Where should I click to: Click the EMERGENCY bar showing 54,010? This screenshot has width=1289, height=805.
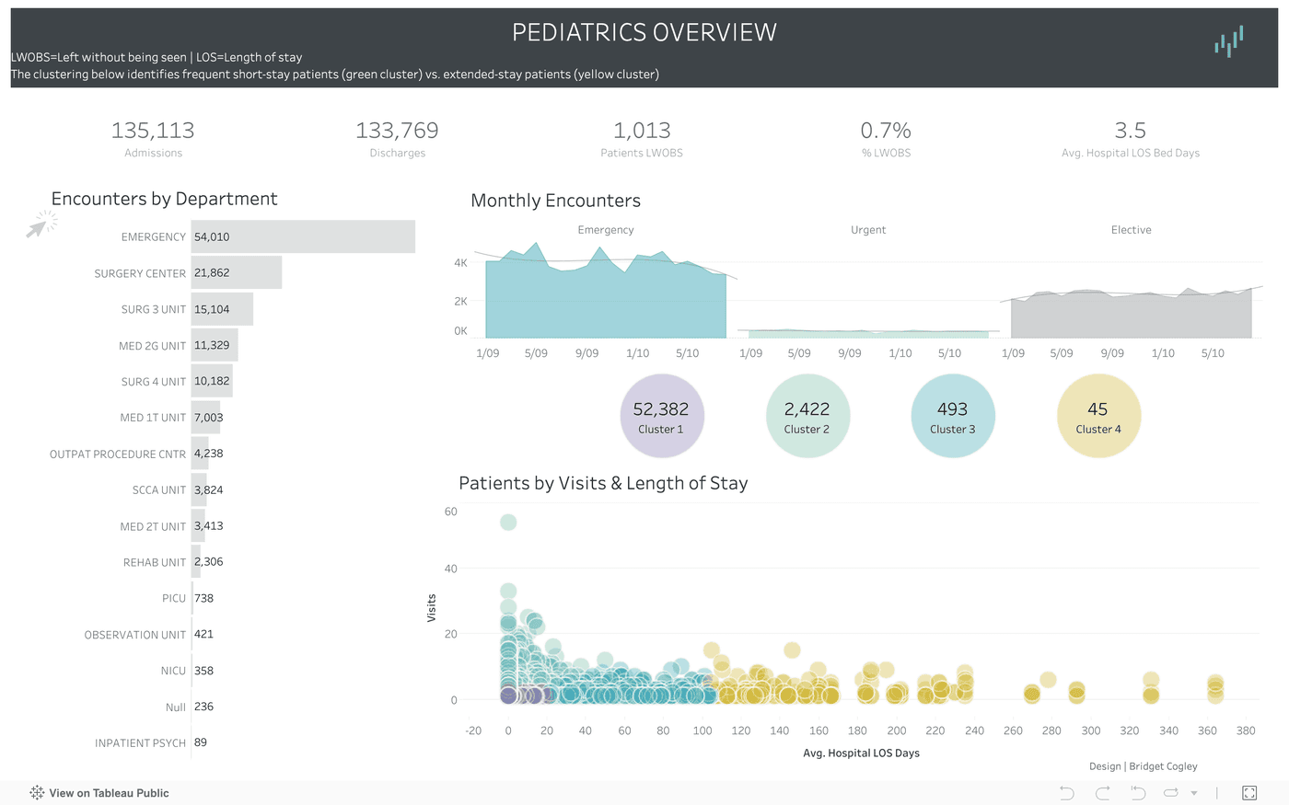pyautogui.click(x=303, y=236)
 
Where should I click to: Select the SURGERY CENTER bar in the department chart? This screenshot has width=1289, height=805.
pyautogui.click(x=237, y=273)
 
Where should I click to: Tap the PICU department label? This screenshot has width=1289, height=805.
pyautogui.click(x=174, y=598)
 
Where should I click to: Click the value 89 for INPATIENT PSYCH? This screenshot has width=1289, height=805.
pyautogui.click(x=201, y=742)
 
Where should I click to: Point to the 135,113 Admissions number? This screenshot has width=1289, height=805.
pyautogui.click(x=153, y=131)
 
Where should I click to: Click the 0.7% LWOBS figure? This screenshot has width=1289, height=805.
pyautogui.click(x=886, y=131)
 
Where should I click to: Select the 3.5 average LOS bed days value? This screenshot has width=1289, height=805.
pyautogui.click(x=1130, y=131)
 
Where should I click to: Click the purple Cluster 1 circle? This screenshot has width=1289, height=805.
pyautogui.click(x=661, y=416)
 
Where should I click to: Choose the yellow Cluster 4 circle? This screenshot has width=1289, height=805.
pyautogui.click(x=1098, y=416)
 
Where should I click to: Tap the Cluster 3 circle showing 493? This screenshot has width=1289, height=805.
pyautogui.click(x=952, y=416)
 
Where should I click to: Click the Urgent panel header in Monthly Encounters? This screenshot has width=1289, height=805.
pyautogui.click(x=868, y=230)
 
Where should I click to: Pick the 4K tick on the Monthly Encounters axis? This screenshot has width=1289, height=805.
pyautogui.click(x=460, y=263)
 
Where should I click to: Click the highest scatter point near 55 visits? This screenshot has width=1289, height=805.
pyautogui.click(x=508, y=523)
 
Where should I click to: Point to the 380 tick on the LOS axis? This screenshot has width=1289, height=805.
pyautogui.click(x=1246, y=730)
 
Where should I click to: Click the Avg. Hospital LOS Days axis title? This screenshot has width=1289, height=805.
pyautogui.click(x=861, y=753)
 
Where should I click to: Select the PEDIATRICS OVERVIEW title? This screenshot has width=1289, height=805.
pyautogui.click(x=644, y=33)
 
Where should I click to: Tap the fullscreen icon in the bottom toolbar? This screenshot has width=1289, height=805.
pyautogui.click(x=1249, y=793)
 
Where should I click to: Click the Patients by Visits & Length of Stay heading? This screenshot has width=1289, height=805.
pyautogui.click(x=603, y=483)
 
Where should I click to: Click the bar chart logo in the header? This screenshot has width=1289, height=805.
pyautogui.click(x=1228, y=41)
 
